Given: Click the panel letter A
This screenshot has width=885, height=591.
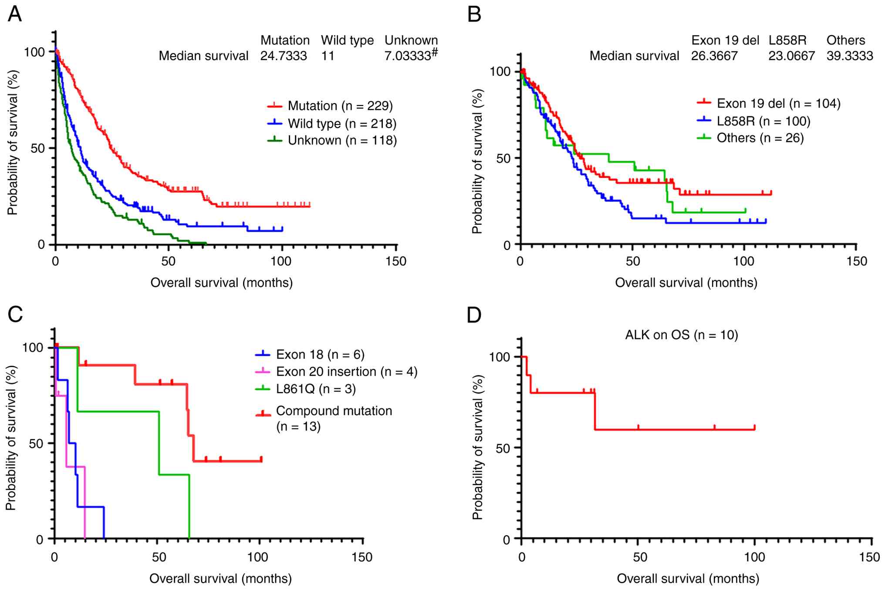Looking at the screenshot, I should [15, 14].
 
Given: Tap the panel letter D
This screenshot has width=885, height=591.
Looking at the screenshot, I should [474, 315].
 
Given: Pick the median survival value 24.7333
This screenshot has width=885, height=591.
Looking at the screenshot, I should [284, 56].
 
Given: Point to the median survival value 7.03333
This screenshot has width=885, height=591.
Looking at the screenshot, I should [408, 56].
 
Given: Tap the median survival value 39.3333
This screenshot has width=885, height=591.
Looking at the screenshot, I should [850, 56].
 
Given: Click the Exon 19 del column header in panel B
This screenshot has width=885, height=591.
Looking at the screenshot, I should [725, 41].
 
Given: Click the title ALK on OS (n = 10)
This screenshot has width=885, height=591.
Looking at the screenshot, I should [682, 335].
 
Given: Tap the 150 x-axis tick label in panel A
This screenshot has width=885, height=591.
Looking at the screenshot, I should [396, 262].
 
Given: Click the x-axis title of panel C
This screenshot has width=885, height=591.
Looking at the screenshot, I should [220, 579].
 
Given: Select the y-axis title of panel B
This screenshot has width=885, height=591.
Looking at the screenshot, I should [478, 161].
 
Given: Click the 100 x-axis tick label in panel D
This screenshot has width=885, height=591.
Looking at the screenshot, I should [754, 557].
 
